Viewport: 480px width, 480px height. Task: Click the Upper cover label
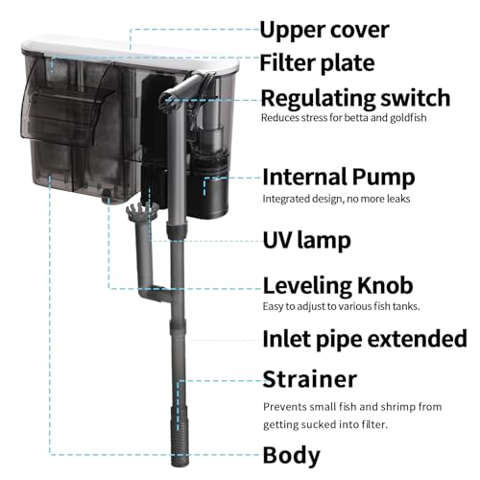pos(324,30)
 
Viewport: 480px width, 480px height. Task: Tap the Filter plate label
pos(317,63)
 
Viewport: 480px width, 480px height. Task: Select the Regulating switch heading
pos(355,98)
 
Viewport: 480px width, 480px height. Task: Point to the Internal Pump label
pos(339,177)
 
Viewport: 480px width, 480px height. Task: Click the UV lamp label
pos(306,240)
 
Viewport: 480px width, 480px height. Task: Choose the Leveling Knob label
pos(338,285)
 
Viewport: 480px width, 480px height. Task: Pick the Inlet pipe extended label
pos(365,339)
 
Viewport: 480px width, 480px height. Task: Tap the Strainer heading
pos(309,379)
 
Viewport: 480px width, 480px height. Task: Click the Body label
pos(291,455)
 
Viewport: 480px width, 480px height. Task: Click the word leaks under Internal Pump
pos(398,199)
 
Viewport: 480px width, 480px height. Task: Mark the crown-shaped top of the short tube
pos(142,211)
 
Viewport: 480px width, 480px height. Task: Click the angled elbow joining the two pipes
pos(154,293)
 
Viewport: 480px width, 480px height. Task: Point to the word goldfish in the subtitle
pos(408,118)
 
